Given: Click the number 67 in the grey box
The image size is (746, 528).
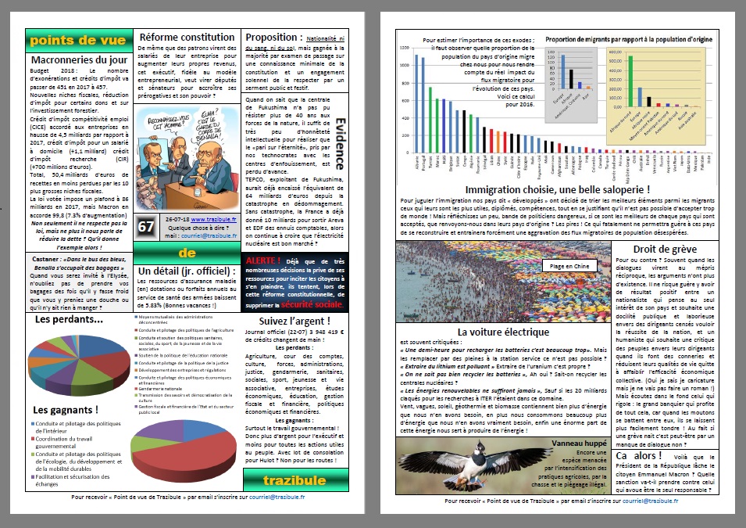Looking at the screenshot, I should tap(147, 226).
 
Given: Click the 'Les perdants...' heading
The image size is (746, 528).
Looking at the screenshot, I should tap(69, 319).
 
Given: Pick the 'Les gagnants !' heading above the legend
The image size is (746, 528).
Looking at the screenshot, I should tap(66, 409).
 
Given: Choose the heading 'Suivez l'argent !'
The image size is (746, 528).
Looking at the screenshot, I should tap(294, 321).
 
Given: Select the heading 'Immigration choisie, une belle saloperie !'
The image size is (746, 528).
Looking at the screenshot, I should tap(557, 189).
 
